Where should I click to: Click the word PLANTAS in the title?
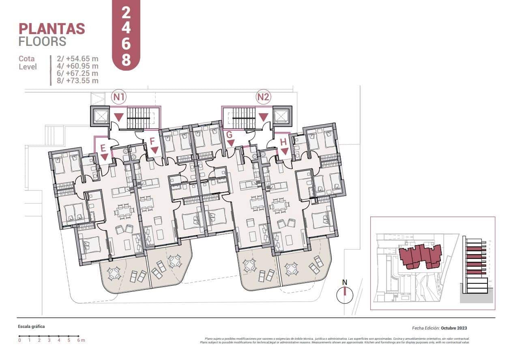coord(52,29)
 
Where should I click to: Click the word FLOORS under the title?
coord(42,41)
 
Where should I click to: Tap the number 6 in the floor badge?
coord(126,44)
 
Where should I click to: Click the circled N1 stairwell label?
coord(119,97)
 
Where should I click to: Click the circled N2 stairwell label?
coord(264,97)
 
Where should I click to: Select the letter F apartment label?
coord(152,142)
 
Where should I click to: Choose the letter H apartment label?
coord(283,142)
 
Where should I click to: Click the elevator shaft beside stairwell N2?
coord(281,116)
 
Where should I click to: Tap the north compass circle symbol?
coord(345,295)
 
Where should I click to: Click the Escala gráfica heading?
coord(31,326)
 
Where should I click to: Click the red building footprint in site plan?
coord(420,256)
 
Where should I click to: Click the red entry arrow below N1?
coord(118,117)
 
